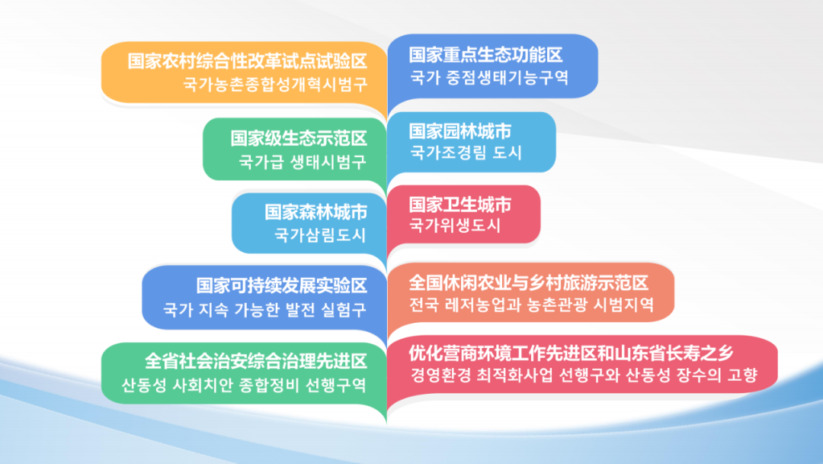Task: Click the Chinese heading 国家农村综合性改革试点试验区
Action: point(247,62)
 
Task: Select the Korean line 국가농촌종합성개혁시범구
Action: point(275,85)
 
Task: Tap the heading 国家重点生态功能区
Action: point(485,55)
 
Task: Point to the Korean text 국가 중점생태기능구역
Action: point(489,78)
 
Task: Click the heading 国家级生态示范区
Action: point(299,139)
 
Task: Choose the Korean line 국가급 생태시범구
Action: point(303,162)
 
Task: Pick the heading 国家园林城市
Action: point(460,130)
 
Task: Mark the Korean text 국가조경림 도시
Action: point(466,153)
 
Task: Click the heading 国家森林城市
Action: point(316,212)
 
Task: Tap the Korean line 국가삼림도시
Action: point(320,235)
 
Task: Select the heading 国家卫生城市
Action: point(460,205)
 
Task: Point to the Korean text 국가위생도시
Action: point(455,226)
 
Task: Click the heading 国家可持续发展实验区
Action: point(282,286)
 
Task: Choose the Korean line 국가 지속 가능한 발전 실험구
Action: point(265,310)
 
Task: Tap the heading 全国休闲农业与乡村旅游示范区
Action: point(529,282)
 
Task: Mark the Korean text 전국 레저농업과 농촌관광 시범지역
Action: point(532,304)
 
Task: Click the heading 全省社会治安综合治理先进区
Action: point(256,362)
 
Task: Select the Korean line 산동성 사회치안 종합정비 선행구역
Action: point(244,385)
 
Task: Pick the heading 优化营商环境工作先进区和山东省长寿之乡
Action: point(571,353)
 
